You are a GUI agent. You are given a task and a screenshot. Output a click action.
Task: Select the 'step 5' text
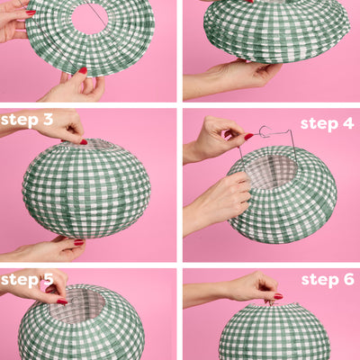tap(27, 279)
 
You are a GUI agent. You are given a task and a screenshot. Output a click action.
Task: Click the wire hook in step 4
tap(265, 132)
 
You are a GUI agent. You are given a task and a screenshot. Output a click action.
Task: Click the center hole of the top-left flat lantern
tap(90, 18)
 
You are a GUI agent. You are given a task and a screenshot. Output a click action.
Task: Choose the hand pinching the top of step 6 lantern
tap(247, 288)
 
